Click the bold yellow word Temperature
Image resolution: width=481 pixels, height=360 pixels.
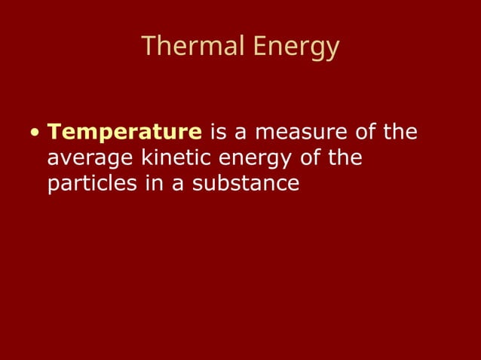click(124, 133)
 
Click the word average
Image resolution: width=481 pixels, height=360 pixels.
click(90, 159)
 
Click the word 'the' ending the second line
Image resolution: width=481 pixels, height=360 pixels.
click(346, 158)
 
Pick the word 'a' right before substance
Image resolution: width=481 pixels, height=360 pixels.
click(176, 184)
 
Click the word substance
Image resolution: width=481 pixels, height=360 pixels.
click(246, 183)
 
